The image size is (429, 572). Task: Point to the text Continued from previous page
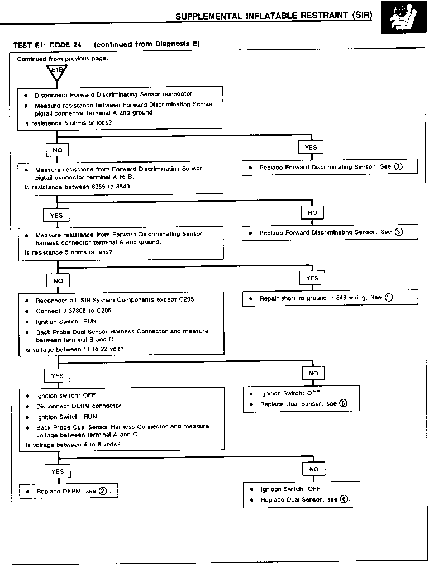62,59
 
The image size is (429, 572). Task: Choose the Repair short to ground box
330,298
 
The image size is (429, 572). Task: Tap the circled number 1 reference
389,298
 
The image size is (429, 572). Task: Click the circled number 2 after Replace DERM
103,492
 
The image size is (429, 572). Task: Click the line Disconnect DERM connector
80,406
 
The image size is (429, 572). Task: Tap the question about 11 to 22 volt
75,349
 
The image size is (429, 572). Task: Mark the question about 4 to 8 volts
73,445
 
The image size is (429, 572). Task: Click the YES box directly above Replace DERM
58,471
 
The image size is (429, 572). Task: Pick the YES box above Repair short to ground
312,278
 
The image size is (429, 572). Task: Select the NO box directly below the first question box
58,151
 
